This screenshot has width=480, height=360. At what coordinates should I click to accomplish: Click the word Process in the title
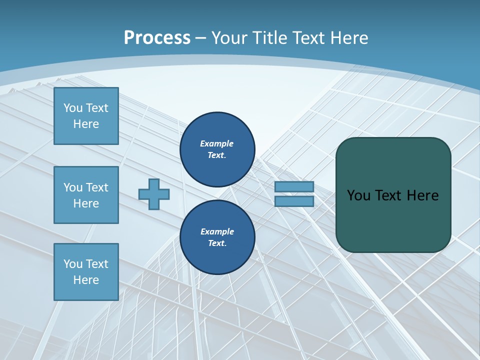coord(157,38)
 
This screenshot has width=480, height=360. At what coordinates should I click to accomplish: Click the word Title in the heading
coord(269,38)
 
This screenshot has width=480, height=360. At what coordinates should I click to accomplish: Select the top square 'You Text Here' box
coord(86,116)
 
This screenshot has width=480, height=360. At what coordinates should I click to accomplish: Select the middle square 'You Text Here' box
coord(86,195)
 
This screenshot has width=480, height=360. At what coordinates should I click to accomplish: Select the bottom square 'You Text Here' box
coord(86,272)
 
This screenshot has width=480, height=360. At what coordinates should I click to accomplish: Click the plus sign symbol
coord(154,194)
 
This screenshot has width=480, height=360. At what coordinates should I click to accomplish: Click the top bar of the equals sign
coord(294,187)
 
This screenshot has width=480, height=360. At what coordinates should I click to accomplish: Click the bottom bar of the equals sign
coord(294,201)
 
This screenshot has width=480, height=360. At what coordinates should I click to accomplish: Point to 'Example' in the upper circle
coord(217,143)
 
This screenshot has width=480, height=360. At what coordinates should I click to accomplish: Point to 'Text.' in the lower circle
coord(217,243)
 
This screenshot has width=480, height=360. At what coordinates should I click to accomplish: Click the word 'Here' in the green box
coord(423,195)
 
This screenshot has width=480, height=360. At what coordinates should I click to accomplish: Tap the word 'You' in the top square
coord(72,108)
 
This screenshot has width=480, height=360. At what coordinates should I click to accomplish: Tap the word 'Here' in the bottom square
coord(86,280)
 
